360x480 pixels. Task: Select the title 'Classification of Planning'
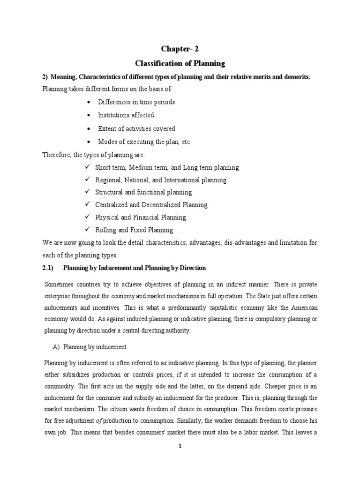(180, 63)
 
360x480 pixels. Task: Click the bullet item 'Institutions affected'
(126, 115)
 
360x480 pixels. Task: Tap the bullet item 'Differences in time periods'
(136, 101)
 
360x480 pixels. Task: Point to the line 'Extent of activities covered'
(136, 128)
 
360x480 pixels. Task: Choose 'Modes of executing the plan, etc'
(144, 142)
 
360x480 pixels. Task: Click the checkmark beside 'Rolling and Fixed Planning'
(87, 230)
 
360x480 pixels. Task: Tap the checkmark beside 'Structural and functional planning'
(87, 192)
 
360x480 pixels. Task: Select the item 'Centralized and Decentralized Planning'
(151, 205)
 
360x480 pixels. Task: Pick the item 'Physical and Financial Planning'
(140, 217)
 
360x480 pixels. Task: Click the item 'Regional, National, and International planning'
(160, 180)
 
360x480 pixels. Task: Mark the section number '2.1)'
(49, 268)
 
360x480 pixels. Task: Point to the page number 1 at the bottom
(180, 447)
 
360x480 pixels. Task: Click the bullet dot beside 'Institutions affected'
(90, 115)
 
